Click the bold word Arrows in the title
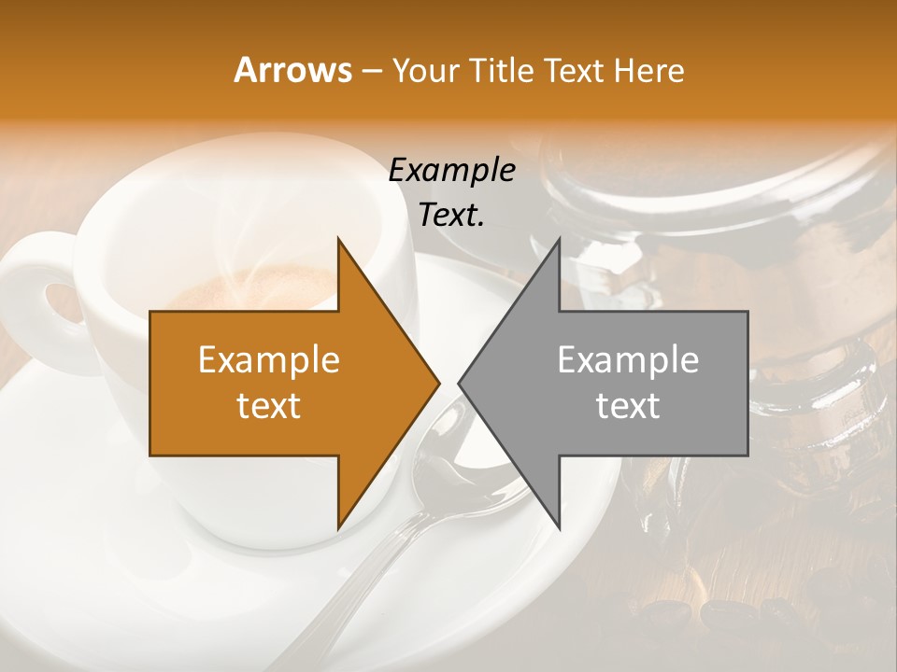(x=293, y=70)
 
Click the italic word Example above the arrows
(x=451, y=171)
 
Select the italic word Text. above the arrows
(x=451, y=216)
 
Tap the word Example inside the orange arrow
(x=269, y=360)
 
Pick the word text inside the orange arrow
(x=269, y=406)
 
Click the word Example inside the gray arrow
(x=628, y=360)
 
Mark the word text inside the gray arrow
(x=628, y=406)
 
